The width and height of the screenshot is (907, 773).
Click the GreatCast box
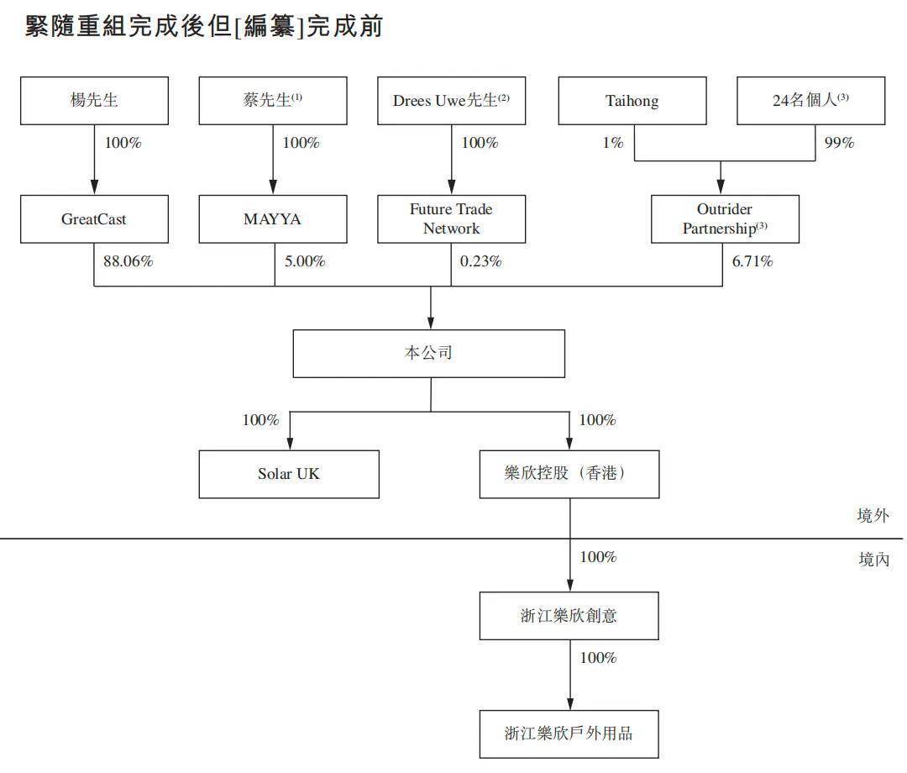point(94,218)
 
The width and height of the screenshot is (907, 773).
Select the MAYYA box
point(273,218)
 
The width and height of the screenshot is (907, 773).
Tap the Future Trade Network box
point(451,218)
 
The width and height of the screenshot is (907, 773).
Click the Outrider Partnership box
point(725,218)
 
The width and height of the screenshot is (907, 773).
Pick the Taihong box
point(632,101)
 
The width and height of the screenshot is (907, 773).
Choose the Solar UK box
point(289,474)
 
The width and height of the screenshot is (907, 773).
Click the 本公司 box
point(428,354)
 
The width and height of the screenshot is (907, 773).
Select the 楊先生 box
point(94,101)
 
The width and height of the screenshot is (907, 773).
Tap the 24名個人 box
point(811,101)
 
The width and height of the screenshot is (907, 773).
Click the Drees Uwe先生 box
point(451,101)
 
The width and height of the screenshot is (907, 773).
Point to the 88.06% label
point(128,261)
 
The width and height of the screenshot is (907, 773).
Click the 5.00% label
point(305,261)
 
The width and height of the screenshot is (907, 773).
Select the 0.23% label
point(480,261)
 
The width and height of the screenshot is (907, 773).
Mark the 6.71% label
point(752,261)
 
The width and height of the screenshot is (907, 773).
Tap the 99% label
point(839,142)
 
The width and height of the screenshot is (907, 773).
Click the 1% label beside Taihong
point(613,142)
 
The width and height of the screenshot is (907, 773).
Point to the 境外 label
point(873,515)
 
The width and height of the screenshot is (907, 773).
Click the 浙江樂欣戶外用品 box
point(569,734)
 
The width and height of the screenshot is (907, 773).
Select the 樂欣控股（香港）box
point(569,474)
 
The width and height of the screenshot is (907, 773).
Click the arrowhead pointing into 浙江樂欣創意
point(569,585)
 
